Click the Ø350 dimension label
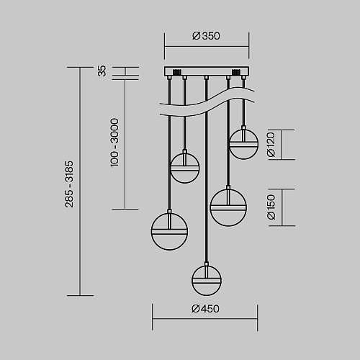pyautogui.click(x=206, y=36)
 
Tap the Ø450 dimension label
pyautogui.click(x=205, y=309)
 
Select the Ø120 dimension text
pyautogui.click(x=271, y=145)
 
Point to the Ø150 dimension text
pyautogui.click(x=271, y=207)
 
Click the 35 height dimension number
pyautogui.click(x=102, y=71)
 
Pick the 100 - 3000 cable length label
pyautogui.click(x=114, y=143)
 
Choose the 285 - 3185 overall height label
pyautogui.click(x=69, y=184)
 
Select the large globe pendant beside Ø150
pyautogui.click(x=228, y=207)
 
